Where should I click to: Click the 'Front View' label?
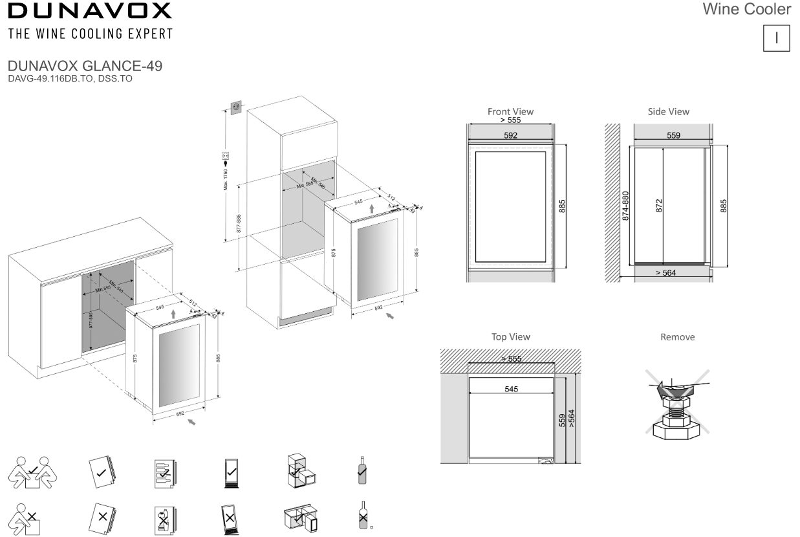point(510,111)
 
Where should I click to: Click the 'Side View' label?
point(668,111)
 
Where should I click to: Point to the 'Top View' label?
point(510,336)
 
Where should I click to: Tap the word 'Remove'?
point(677,337)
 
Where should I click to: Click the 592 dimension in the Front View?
point(510,135)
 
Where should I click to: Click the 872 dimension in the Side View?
point(659,206)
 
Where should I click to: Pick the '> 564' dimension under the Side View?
point(666,273)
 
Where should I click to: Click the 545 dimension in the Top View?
point(511,389)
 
